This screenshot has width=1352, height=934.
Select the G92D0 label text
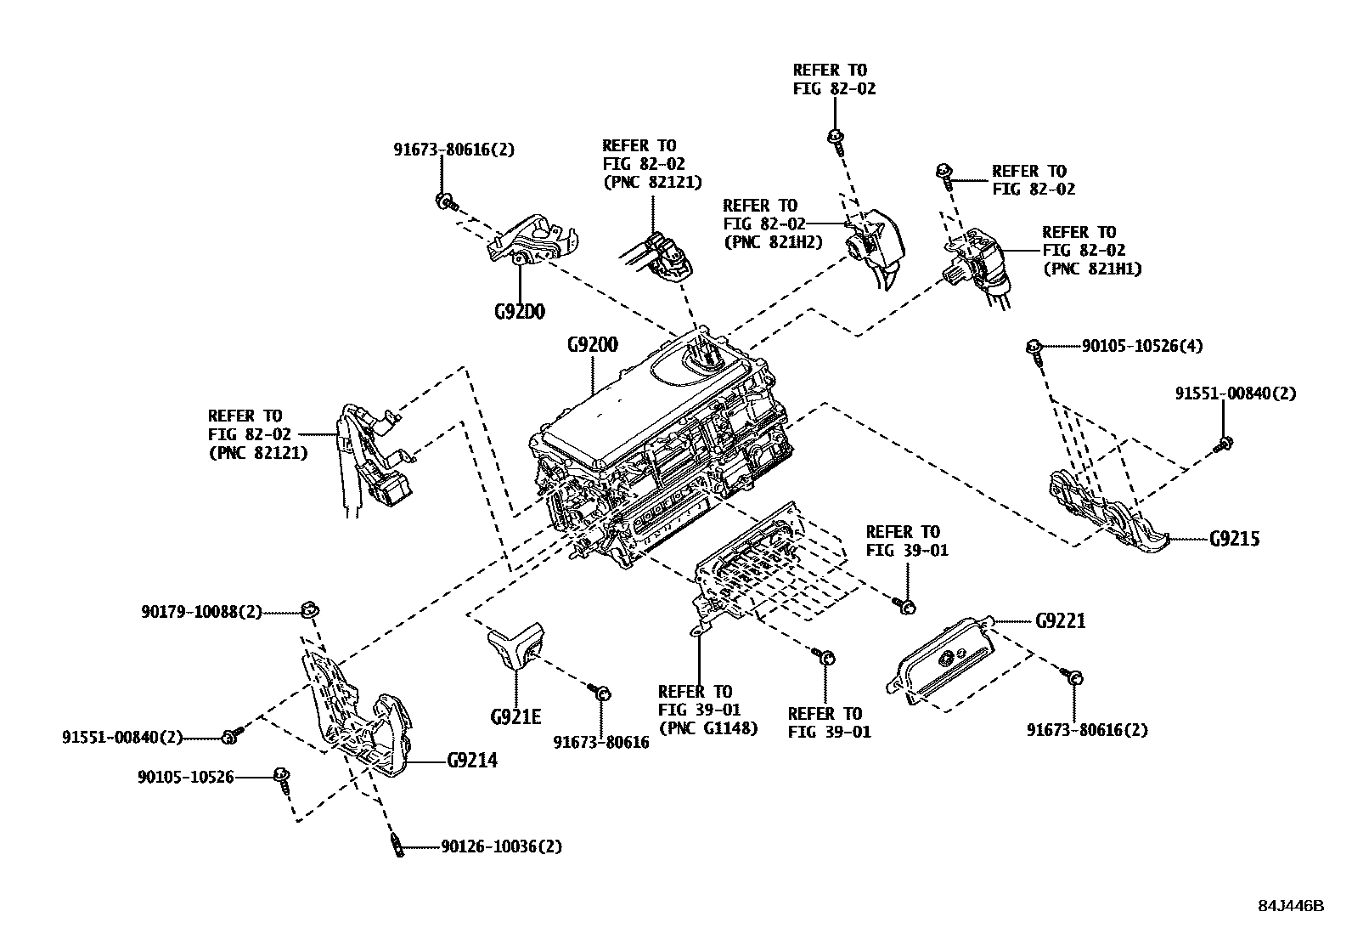(x=519, y=312)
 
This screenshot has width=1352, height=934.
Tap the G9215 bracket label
(x=1234, y=539)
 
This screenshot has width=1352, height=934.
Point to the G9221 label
(x=1060, y=621)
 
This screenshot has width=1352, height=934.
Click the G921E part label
(x=515, y=716)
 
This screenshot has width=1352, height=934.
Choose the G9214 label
(x=472, y=760)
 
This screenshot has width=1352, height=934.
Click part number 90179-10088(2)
(x=201, y=611)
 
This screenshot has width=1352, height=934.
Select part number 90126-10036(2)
(x=501, y=846)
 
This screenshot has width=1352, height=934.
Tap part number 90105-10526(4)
(x=1141, y=346)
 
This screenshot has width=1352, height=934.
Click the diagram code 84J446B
(x=1291, y=906)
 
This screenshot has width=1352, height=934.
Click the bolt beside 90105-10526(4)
(x=1035, y=348)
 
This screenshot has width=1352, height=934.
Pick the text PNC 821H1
(x=1091, y=269)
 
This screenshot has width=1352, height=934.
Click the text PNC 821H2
(x=773, y=241)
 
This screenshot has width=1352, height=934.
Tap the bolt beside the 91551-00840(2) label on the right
(x=1225, y=443)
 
